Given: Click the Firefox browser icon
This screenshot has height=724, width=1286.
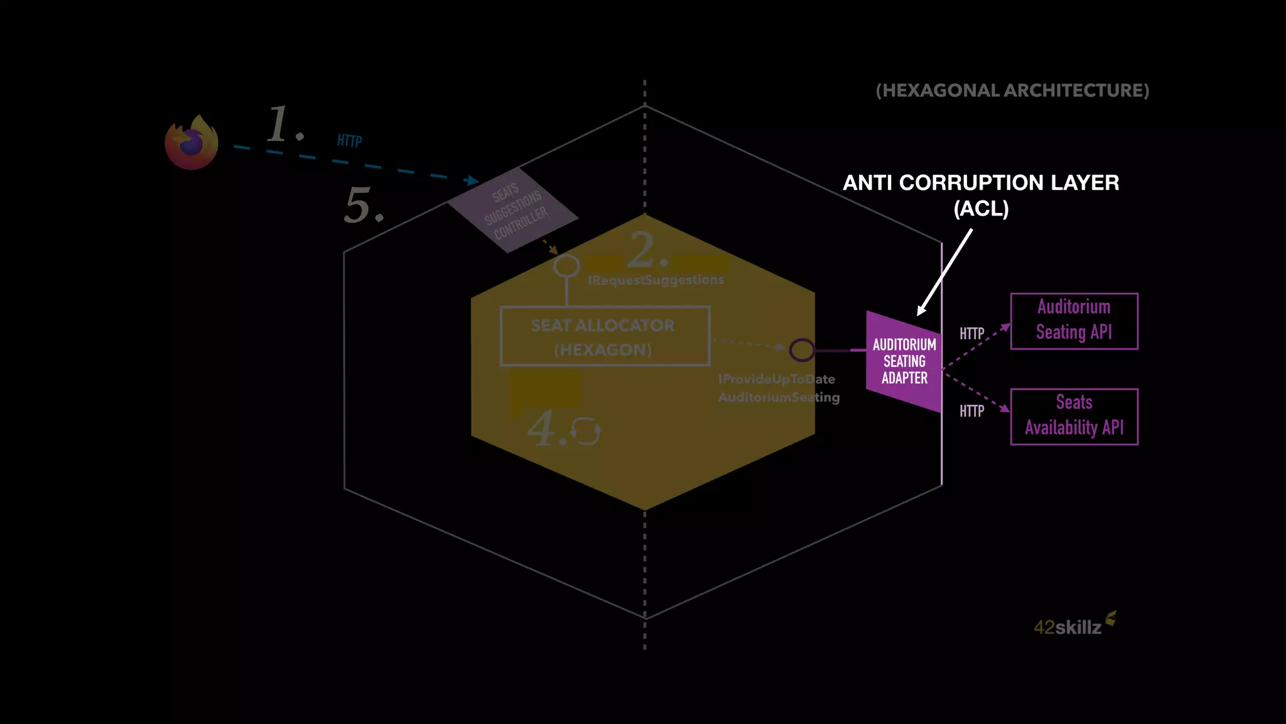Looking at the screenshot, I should tap(192, 143).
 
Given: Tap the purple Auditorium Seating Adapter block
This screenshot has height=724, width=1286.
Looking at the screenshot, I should tap(904, 361).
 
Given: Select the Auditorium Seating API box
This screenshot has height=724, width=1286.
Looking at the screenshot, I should tap(1074, 321).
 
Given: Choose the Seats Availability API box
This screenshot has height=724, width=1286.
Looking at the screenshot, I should tap(1074, 416).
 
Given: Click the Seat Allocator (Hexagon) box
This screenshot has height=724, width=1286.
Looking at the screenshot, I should tap(605, 336).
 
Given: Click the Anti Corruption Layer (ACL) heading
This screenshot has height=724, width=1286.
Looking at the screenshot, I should tap(981, 195).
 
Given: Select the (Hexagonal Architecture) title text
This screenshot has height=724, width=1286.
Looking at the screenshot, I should tap(1012, 90).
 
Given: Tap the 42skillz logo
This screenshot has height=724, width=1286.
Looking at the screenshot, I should tap(1074, 625).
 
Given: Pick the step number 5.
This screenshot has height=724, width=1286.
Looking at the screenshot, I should tap(363, 206).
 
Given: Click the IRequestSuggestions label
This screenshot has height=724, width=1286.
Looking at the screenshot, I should tap(656, 280).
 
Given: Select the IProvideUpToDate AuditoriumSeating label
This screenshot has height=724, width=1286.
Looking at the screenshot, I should tap(779, 388).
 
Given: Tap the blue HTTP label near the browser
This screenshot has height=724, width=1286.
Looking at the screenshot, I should tap(349, 141).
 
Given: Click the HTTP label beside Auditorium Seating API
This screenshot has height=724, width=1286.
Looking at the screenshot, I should tap(971, 334).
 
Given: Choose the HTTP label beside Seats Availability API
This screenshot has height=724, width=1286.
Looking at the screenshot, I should tap(971, 411).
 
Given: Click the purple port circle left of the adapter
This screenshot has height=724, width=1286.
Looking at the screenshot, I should tap(802, 350).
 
